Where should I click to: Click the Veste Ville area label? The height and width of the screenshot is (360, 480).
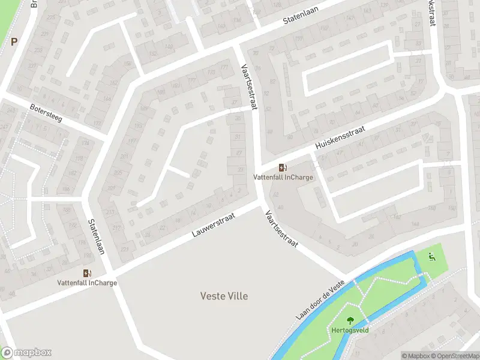pos(223,296)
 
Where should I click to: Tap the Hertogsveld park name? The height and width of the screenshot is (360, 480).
pos(350,330)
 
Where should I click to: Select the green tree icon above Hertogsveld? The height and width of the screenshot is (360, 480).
pos(350,320)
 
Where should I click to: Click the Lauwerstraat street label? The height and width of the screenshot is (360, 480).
pos(213,224)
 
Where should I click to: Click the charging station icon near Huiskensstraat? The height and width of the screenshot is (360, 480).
pos(282,168)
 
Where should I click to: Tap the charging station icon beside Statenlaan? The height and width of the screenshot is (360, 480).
pos(88,274)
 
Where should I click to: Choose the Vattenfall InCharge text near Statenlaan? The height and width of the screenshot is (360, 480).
pos(88,283)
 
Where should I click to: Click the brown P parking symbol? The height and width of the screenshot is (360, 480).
pos(14,41)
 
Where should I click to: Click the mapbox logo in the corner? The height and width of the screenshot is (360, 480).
pos(26,353)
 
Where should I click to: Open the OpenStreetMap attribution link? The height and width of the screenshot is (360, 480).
pos(455,356)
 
